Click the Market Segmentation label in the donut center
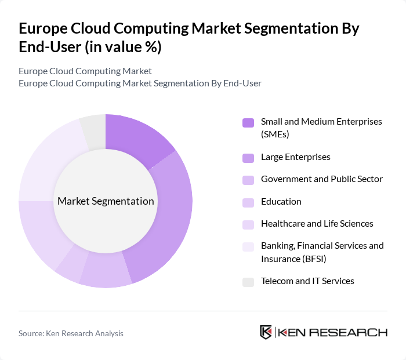[x=106, y=201]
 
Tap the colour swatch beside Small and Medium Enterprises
[x=248, y=122]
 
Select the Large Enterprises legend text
[x=295, y=157]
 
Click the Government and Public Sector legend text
[x=321, y=179]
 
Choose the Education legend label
[x=281, y=202]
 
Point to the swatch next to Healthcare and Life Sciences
[x=248, y=224]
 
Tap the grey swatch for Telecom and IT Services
[x=248, y=282]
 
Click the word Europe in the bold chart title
[x=45, y=28]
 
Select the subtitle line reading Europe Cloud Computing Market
[x=85, y=71]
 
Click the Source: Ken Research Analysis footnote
[x=71, y=333]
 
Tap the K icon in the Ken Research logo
[x=266, y=332]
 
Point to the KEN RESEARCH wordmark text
[x=333, y=333]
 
